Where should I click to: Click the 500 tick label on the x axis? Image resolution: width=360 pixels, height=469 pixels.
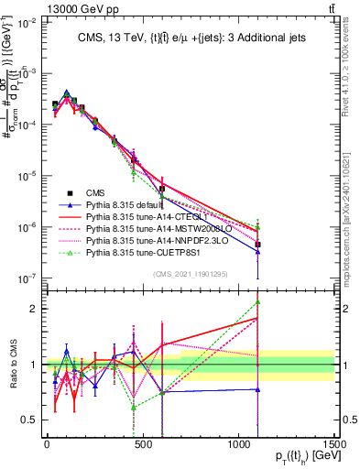coord(143,444)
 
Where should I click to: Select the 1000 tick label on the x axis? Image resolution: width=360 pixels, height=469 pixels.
coord(238,444)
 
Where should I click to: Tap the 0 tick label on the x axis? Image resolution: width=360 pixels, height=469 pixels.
coord(47,444)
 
